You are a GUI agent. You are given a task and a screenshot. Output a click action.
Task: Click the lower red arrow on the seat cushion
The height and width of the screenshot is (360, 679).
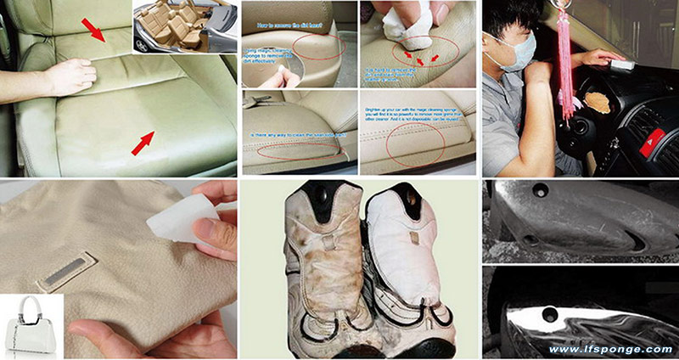point(143,142)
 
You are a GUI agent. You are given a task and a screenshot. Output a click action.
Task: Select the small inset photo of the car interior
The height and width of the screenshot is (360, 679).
point(182,27)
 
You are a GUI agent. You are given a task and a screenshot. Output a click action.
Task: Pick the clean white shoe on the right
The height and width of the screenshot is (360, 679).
point(408,264)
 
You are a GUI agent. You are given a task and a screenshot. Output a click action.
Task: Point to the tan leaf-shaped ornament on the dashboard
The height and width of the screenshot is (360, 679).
point(598,101)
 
